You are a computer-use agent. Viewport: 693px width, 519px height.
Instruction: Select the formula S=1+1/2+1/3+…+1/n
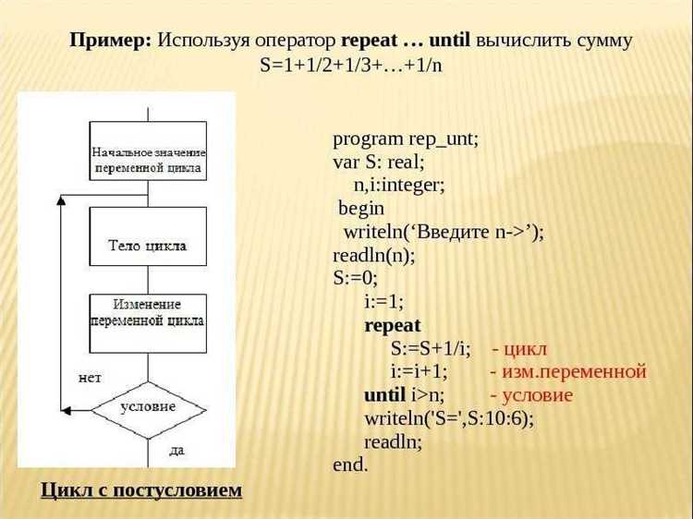coord(352,66)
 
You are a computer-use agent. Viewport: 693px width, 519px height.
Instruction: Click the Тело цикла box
coord(148,245)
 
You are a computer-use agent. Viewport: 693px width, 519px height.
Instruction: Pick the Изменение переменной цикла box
coord(148,312)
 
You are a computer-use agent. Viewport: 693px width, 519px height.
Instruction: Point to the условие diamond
coord(148,406)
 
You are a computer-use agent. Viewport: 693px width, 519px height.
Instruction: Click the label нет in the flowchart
coord(90,379)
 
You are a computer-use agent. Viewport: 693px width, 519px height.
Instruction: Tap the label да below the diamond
coord(176,451)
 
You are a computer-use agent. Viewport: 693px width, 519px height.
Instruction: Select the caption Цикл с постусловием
coord(141,489)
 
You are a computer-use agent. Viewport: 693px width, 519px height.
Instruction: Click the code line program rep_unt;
coord(406,139)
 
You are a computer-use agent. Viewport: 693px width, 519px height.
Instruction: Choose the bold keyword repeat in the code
coord(393,325)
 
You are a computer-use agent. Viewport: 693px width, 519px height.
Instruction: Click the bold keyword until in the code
coord(385,395)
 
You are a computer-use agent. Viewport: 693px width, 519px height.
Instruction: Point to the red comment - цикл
coord(519,349)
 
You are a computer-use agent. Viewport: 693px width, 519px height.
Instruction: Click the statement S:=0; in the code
coord(356,278)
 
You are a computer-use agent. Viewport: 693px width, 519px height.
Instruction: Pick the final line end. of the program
coord(350,465)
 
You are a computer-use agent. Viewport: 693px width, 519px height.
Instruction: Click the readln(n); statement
coord(374,255)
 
